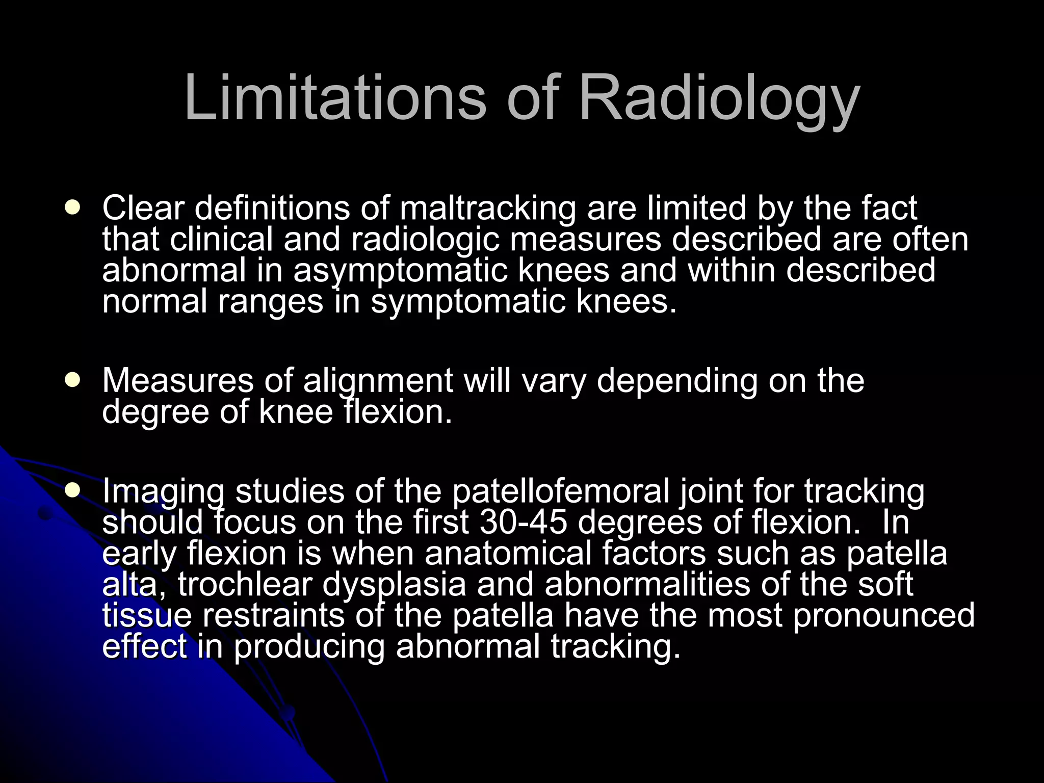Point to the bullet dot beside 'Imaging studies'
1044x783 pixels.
[x=73, y=490]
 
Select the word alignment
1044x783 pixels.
[x=378, y=381]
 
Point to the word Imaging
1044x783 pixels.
[x=163, y=492]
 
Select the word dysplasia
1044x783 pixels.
[x=394, y=585]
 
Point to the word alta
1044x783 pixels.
[x=133, y=584]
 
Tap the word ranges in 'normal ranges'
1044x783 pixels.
[x=271, y=302]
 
